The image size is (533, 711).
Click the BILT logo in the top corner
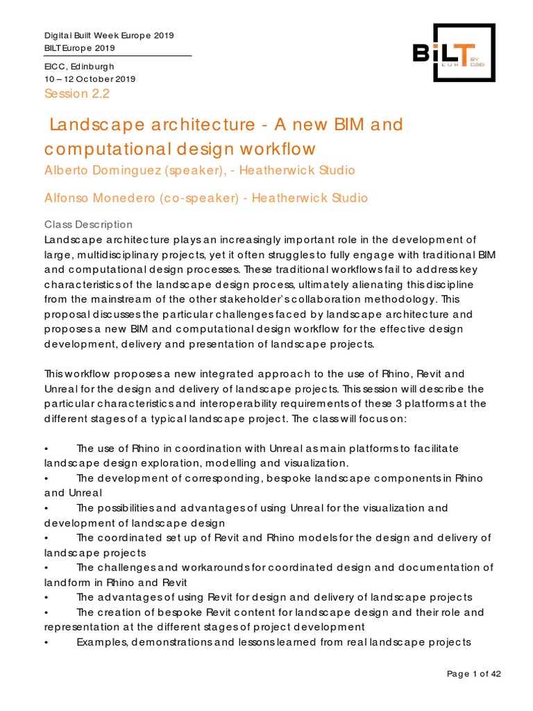pos(454,53)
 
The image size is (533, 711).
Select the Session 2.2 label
pos(77,94)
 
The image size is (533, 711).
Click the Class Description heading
pos(88,224)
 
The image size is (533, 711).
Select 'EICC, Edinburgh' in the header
pos(79,66)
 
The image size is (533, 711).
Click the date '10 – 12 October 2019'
pos(90,78)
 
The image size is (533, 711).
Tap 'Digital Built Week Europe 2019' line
pos(109,35)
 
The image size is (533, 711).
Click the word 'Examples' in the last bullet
pos(99,642)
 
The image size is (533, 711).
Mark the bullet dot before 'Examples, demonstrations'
pos(46,642)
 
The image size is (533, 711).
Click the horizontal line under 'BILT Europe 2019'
pos(118,56)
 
